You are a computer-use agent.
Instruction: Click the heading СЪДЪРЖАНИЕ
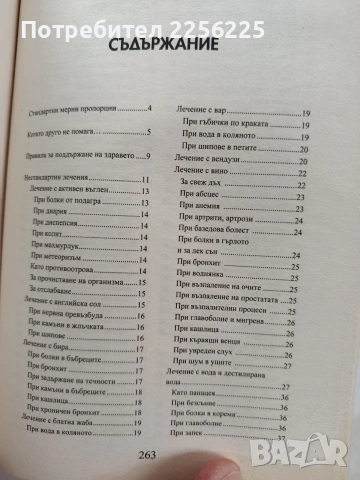click(179, 48)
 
